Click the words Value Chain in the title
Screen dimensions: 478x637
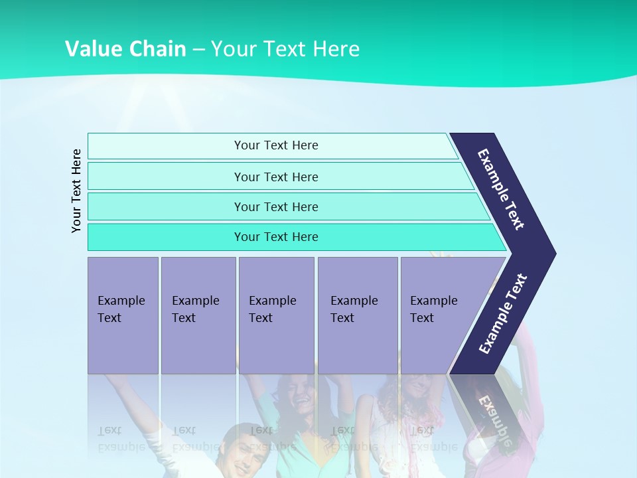(x=125, y=48)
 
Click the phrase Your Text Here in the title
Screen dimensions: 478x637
(x=285, y=48)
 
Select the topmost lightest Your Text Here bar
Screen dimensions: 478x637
(x=275, y=145)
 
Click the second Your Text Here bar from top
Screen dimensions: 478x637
(x=275, y=177)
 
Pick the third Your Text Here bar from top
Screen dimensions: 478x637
(x=275, y=206)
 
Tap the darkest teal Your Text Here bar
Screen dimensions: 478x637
(x=275, y=237)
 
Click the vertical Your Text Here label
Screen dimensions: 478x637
(x=76, y=191)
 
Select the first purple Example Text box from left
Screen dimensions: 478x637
(x=123, y=315)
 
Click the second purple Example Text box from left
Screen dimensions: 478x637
(x=198, y=315)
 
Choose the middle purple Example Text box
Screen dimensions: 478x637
(x=276, y=315)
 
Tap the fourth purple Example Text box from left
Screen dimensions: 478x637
(x=357, y=315)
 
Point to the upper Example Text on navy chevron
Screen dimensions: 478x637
(x=501, y=189)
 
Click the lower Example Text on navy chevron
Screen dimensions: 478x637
(x=502, y=314)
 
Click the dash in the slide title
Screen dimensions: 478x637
(x=198, y=49)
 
